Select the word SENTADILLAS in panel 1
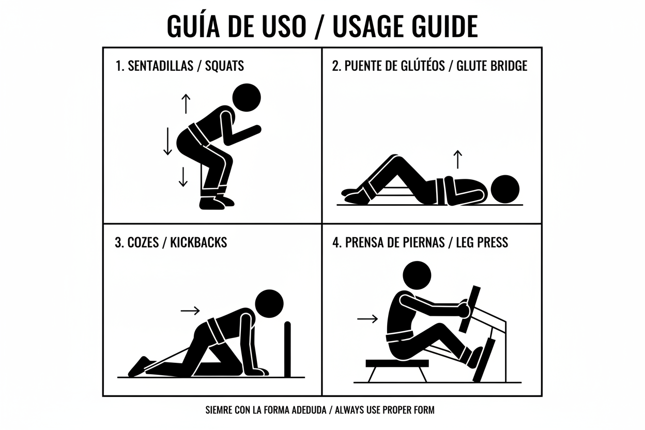(x=160, y=66)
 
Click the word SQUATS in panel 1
(x=224, y=66)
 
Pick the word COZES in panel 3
(x=143, y=242)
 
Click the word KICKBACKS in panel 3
(x=198, y=242)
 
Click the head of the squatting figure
(x=247, y=98)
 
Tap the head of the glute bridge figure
(x=505, y=189)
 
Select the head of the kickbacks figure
(x=269, y=303)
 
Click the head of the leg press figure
(x=417, y=275)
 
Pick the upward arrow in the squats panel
(x=186, y=104)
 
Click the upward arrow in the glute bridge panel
(x=457, y=159)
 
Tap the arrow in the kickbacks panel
(x=190, y=311)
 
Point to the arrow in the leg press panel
(x=367, y=319)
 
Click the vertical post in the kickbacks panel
(x=287, y=349)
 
